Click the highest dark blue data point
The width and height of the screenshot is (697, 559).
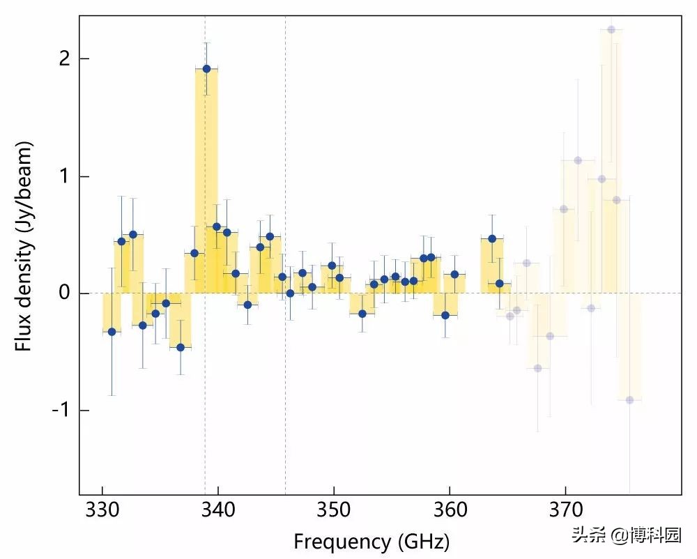coord(206,68)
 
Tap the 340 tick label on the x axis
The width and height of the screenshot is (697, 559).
coord(218,511)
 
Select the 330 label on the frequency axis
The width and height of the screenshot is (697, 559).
coord(102,511)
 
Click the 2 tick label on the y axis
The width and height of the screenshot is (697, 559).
coord(65,59)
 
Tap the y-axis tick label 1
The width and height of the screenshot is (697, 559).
coord(65,176)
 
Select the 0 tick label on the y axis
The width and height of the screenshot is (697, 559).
coord(65,293)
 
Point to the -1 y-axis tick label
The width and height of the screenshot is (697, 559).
coord(61,411)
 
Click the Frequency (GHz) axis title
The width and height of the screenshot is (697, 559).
coord(371,541)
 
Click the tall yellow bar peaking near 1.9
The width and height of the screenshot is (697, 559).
coord(206,181)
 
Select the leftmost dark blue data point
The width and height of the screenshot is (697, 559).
coord(112,332)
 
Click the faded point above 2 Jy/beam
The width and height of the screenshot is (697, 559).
coord(611,29)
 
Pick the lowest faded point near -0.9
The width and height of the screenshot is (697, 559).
coord(629,400)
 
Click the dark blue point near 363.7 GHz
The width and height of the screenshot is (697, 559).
coord(492,238)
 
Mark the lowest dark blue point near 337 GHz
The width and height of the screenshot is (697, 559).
coord(181,347)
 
